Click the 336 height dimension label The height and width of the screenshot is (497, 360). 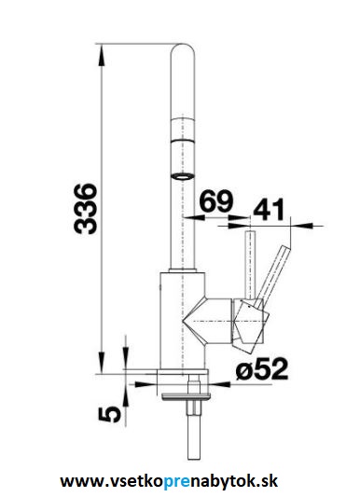click(x=85, y=209)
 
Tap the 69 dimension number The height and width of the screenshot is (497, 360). click(x=216, y=201)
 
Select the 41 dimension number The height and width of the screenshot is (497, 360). click(x=269, y=210)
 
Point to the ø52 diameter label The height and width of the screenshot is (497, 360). click(x=262, y=368)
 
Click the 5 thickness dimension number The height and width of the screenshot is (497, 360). click(x=110, y=415)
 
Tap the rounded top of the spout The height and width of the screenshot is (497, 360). click(x=183, y=49)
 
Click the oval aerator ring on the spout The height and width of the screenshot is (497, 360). click(x=183, y=176)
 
